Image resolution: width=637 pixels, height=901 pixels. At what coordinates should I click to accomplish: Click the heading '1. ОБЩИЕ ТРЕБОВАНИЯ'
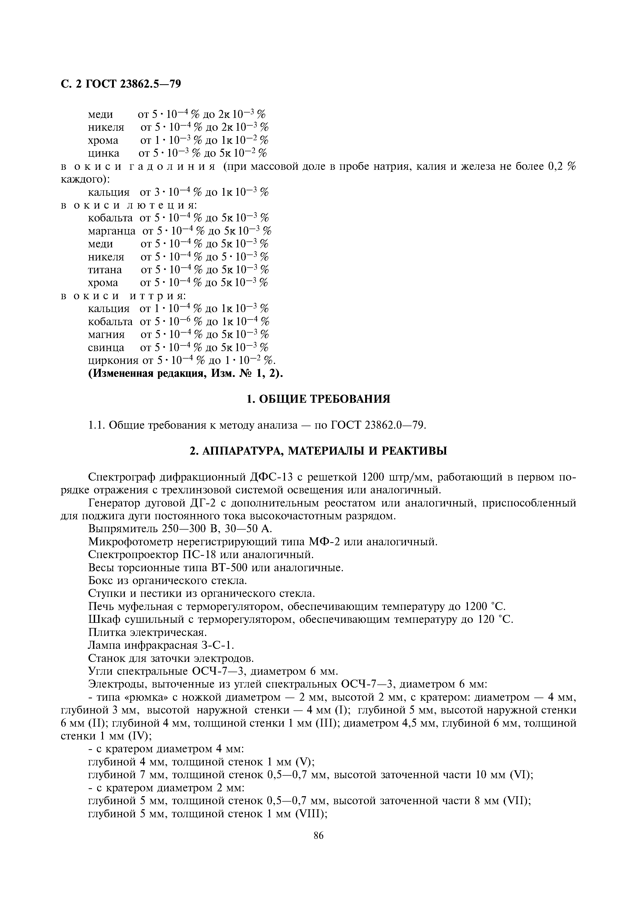point(318,399)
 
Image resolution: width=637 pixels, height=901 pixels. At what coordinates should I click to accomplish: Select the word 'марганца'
point(112,231)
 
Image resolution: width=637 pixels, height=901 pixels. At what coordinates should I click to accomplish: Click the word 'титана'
point(105,270)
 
